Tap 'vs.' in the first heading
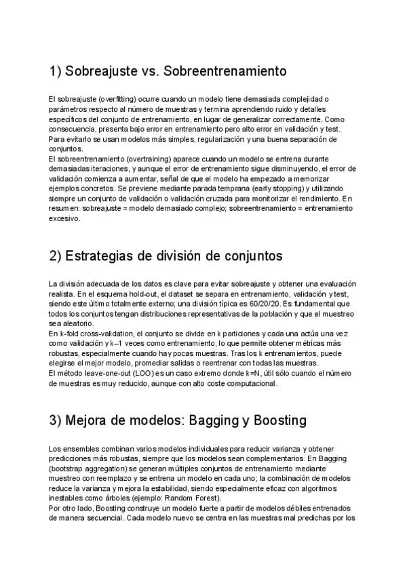click(x=150, y=71)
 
